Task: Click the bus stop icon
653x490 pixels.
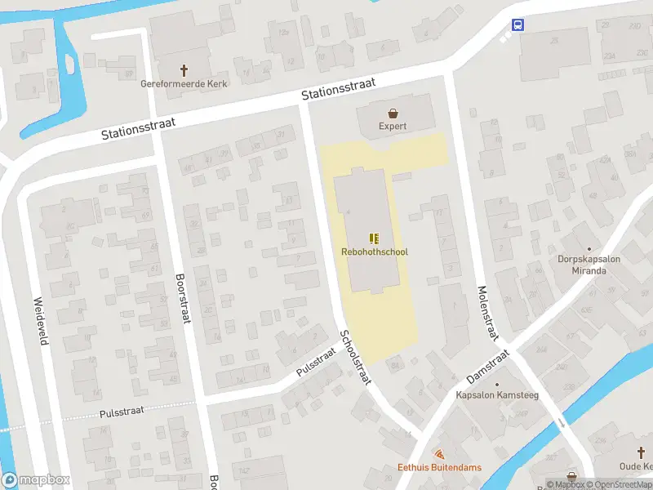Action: [518, 24]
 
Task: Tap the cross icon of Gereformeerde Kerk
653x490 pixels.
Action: [184, 70]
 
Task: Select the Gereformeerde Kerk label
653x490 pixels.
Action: [184, 83]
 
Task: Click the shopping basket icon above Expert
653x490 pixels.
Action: [393, 114]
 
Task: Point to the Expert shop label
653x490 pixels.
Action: [393, 127]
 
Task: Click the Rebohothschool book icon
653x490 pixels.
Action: [374, 238]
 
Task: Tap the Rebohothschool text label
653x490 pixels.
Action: [374, 252]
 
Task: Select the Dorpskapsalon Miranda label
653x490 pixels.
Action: [589, 265]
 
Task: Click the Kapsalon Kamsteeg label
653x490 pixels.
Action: [497, 395]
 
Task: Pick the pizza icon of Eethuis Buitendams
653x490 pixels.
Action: [439, 454]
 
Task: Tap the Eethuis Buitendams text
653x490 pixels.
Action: [439, 467]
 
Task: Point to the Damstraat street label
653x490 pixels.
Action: [487, 367]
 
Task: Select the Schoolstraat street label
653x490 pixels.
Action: [356, 357]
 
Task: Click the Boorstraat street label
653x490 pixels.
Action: [182, 297]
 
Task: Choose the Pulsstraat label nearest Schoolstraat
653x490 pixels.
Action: [316, 360]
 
